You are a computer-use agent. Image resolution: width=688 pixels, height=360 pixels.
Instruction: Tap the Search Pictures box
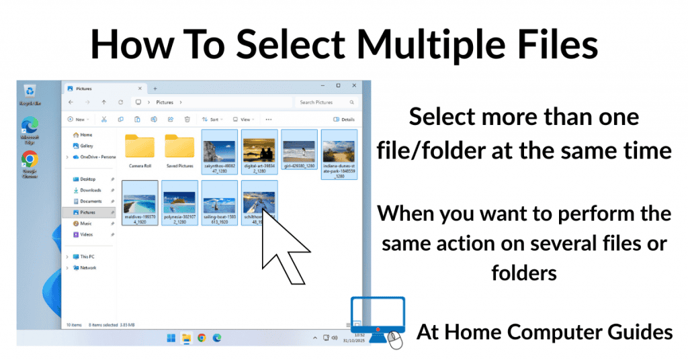(325, 102)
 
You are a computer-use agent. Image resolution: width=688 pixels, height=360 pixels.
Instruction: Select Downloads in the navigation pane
(90, 190)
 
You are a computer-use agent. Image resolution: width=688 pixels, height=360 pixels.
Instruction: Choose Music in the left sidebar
(85, 223)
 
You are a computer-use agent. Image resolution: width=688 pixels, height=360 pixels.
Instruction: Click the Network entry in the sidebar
(87, 267)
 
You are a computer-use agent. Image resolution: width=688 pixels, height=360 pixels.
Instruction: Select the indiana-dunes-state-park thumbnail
(339, 150)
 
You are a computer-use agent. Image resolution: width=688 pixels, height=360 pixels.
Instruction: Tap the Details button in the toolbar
(345, 120)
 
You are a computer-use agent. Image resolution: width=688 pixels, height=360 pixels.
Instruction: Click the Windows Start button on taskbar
(171, 338)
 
